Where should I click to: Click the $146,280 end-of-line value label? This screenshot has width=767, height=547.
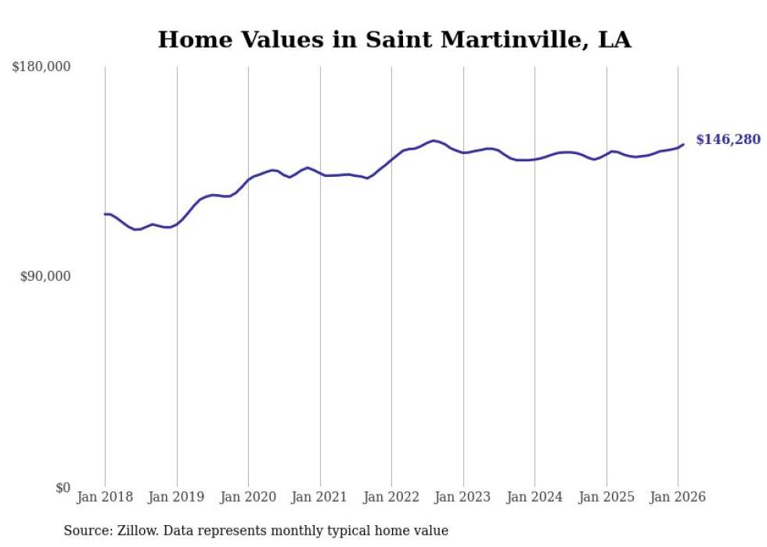click(x=727, y=140)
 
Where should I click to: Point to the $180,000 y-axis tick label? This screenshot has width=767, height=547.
click(x=41, y=67)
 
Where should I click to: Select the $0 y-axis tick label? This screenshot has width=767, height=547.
click(x=63, y=488)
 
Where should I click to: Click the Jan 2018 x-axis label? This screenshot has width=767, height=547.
click(x=105, y=497)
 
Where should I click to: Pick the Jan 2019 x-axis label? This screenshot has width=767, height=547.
click(x=177, y=497)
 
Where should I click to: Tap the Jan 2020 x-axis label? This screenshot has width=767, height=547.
click(x=248, y=497)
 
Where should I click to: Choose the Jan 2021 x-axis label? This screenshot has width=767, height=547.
click(x=320, y=497)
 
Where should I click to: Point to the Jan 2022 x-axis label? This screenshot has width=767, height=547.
click(x=391, y=497)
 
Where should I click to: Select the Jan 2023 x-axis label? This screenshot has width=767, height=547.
click(x=463, y=497)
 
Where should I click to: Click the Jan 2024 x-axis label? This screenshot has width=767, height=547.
click(x=535, y=497)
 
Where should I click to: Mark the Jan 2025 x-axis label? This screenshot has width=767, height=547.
click(x=607, y=497)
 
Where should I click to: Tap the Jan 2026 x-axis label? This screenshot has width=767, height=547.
click(x=678, y=497)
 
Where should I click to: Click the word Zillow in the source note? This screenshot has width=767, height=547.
click(x=139, y=531)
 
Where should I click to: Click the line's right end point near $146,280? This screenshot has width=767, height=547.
click(x=683, y=144)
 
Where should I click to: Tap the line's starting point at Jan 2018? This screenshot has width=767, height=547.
click(x=105, y=214)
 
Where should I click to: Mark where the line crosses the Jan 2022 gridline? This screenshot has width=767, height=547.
click(x=391, y=159)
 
